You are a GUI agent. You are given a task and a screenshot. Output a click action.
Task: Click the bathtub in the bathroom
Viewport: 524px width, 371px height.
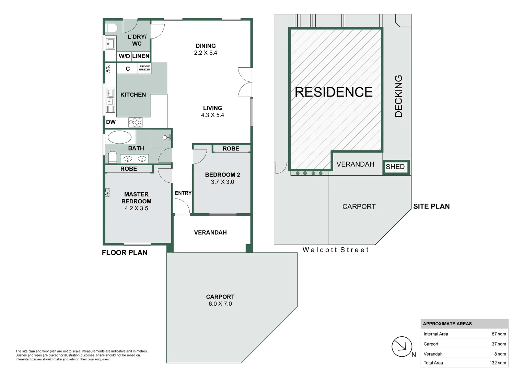tap(119, 137)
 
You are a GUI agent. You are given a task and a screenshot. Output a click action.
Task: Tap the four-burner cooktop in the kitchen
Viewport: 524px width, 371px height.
tap(135, 123)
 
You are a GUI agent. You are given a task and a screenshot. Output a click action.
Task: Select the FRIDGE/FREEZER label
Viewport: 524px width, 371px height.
tap(144, 68)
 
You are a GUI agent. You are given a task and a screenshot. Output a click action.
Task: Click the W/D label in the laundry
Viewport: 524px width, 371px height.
tap(124, 56)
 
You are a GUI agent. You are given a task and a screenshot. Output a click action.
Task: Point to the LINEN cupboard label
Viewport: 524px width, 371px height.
tap(141, 56)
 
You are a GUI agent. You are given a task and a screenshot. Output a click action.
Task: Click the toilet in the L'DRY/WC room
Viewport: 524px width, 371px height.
tap(111, 28)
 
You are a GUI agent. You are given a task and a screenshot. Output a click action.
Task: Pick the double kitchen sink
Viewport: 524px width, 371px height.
tap(110, 97)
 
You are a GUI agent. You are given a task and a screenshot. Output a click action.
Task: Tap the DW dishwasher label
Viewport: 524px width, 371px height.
tap(111, 122)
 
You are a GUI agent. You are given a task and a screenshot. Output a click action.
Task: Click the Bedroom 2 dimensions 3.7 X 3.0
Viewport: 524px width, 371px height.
tap(222, 182)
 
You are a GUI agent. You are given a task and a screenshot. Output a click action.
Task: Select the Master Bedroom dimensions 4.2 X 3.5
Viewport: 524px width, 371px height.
tap(136, 209)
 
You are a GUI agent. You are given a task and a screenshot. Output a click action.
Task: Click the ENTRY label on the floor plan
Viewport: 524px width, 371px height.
tap(183, 193)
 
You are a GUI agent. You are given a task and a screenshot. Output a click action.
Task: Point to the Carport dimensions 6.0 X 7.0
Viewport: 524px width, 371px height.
tap(220, 304)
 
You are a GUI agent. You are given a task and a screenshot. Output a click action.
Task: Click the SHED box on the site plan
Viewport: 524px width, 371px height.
tap(395, 167)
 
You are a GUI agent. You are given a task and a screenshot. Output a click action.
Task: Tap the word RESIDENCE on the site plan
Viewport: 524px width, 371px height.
tap(334, 92)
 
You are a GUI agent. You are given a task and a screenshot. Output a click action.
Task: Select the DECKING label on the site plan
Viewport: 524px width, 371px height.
tap(398, 96)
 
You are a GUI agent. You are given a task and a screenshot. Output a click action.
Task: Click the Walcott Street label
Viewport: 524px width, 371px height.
tap(335, 250)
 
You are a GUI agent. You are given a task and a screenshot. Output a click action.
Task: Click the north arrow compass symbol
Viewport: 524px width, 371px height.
tap(402, 347)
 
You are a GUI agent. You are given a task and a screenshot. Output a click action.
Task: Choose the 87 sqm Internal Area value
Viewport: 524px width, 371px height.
tap(499, 334)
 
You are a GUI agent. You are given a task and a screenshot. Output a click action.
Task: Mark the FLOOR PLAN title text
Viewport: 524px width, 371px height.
tap(125, 252)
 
